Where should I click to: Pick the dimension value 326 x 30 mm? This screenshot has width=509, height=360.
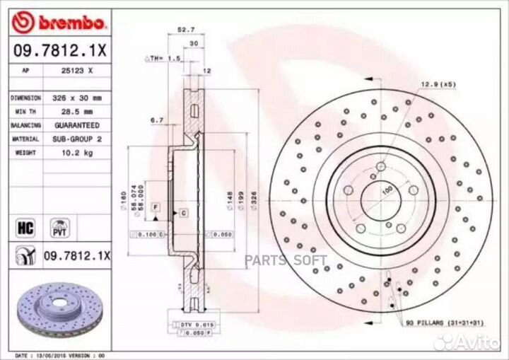[x=77, y=98]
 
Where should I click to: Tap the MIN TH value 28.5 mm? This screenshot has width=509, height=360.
[x=77, y=112]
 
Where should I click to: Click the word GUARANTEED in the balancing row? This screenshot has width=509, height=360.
[x=77, y=125]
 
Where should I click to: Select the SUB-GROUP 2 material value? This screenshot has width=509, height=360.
[x=77, y=139]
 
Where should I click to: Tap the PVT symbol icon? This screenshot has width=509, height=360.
[x=59, y=228]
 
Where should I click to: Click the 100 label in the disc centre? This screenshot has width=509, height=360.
[x=387, y=192]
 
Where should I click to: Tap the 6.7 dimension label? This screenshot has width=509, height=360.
[x=157, y=120]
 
